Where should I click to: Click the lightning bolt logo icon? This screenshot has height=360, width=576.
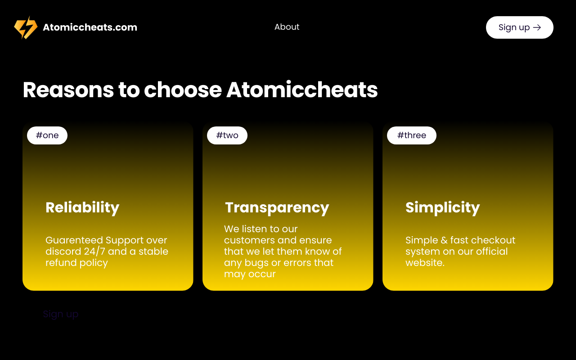click(26, 27)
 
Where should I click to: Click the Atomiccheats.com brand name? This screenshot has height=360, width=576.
click(90, 27)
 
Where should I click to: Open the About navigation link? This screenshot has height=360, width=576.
click(287, 27)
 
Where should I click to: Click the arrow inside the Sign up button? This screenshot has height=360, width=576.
click(537, 27)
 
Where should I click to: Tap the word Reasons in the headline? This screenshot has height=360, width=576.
click(68, 90)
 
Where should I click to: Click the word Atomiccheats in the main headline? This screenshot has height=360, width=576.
click(302, 90)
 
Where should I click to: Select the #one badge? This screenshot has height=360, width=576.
click(47, 135)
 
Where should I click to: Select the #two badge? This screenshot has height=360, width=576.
click(227, 135)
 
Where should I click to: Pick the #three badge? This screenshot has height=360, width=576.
click(412, 135)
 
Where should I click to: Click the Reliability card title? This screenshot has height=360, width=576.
click(82, 207)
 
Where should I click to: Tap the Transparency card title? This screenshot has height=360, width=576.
click(277, 208)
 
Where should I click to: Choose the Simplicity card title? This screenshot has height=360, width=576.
click(442, 207)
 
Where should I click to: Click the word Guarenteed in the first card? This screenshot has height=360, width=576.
click(74, 240)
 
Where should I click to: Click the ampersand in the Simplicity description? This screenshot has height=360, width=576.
click(444, 240)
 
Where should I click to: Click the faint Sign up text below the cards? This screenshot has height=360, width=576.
click(61, 315)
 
